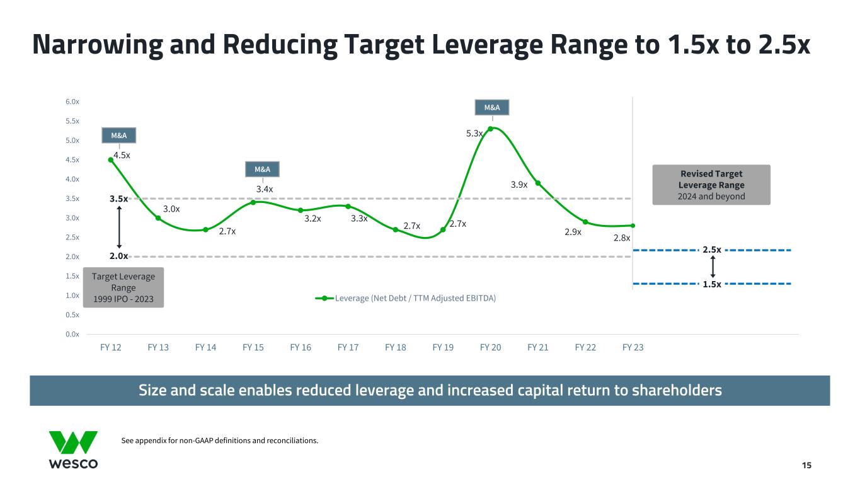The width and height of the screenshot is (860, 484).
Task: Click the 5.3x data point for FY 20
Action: [490, 129]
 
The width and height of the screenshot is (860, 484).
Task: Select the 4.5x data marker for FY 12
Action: [111, 159]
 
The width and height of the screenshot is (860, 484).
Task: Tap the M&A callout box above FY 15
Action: [262, 170]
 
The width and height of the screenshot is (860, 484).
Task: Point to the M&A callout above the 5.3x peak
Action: [492, 108]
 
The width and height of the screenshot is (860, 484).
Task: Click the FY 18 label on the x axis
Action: [396, 347]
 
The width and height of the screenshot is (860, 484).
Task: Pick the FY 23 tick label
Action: [633, 347]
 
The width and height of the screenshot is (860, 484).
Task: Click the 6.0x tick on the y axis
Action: [73, 101]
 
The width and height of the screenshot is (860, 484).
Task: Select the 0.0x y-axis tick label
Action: [73, 334]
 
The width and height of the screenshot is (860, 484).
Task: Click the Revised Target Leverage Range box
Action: [711, 185]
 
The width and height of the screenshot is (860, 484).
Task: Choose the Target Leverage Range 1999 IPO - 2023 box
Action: [123, 287]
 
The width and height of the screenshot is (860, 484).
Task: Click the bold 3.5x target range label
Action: [118, 199]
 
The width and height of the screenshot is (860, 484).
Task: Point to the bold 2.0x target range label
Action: [118, 256]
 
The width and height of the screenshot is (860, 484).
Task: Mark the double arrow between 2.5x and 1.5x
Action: [713, 267]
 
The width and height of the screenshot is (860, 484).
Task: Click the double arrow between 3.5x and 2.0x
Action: [119, 228]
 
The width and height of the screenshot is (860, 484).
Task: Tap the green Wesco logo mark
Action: [73, 442]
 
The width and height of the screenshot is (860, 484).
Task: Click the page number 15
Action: [806, 465]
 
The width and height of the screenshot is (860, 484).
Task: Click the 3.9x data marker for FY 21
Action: [538, 183]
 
